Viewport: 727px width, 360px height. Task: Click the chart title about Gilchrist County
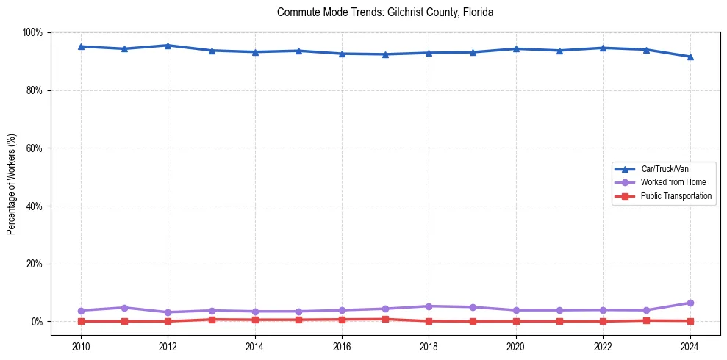(x=385, y=12)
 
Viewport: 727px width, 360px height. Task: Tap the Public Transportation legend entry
(x=676, y=196)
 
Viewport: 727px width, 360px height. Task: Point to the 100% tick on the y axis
(x=33, y=32)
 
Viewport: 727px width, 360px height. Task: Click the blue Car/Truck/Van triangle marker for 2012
(x=168, y=46)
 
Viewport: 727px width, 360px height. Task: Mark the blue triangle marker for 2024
(x=690, y=57)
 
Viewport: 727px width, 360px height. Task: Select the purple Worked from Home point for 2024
(x=690, y=303)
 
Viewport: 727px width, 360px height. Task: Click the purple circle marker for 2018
(x=429, y=306)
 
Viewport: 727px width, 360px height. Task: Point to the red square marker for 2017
(x=385, y=319)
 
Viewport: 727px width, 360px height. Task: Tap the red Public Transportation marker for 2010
(x=81, y=321)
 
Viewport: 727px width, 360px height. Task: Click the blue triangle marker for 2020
(x=516, y=48)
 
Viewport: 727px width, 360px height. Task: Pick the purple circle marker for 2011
(x=124, y=308)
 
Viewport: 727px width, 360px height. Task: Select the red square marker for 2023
(x=646, y=320)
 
